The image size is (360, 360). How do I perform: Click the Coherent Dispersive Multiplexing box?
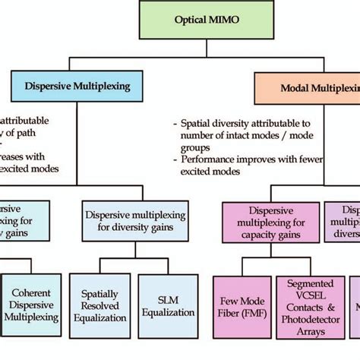(x=31, y=302)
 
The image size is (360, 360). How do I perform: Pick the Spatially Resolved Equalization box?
(x=99, y=302)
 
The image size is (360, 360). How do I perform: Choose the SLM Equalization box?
(x=168, y=302)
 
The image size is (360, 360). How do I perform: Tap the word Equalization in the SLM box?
(x=168, y=308)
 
